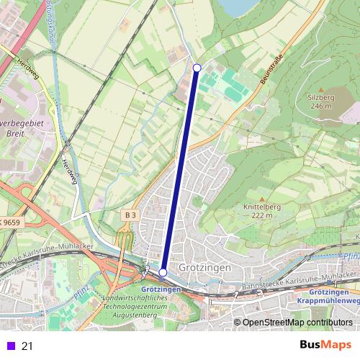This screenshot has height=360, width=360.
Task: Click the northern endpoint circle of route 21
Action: (x=197, y=68)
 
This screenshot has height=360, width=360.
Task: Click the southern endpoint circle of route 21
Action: (x=163, y=272)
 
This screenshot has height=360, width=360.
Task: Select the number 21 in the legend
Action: (x=27, y=346)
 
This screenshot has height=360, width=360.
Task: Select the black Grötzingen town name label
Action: (x=204, y=268)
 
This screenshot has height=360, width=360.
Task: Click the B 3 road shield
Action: (x=130, y=215)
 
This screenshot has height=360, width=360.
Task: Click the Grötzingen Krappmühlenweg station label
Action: (x=328, y=296)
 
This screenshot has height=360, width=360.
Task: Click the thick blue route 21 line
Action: (x=180, y=170)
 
